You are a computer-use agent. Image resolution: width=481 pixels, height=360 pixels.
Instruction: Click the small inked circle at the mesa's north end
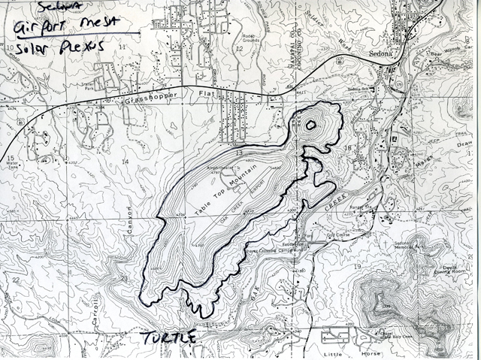pos(308,125)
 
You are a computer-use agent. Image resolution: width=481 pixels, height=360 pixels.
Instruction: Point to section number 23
pos(124,277)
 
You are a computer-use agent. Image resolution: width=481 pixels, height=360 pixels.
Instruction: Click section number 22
pos(16,279)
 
